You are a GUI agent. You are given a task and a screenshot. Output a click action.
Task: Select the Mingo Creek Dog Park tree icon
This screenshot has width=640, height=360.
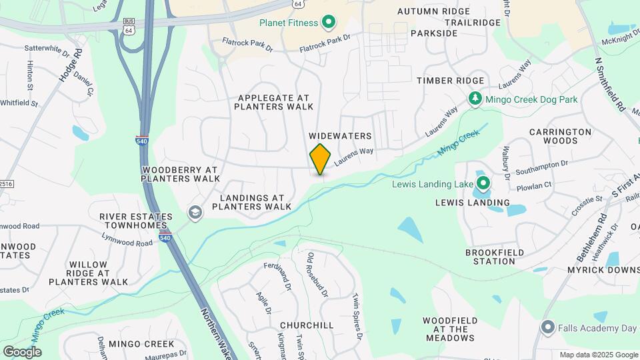475,99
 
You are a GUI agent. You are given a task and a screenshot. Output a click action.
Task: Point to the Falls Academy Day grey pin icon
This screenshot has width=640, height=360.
548,327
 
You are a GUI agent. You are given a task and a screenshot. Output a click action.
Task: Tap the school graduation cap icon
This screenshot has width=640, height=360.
195,213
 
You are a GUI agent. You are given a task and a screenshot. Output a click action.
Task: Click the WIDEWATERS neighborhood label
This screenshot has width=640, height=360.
340,136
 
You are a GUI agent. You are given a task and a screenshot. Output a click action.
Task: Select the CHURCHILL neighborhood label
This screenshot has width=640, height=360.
307,325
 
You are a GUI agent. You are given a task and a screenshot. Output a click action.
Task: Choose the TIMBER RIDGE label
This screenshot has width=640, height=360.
450,81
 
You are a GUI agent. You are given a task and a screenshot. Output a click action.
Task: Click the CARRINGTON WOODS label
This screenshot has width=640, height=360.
560,136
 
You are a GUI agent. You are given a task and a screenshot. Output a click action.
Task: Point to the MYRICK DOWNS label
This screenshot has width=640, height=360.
603,270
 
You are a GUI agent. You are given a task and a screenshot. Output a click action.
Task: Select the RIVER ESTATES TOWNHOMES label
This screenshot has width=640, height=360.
136,221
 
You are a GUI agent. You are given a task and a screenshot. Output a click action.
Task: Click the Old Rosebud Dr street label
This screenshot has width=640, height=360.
318,275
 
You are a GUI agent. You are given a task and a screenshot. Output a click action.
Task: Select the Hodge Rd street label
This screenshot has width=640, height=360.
70,65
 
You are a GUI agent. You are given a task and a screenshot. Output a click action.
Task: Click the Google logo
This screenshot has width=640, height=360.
22,351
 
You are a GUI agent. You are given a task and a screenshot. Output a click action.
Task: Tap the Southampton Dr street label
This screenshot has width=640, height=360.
541,163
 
